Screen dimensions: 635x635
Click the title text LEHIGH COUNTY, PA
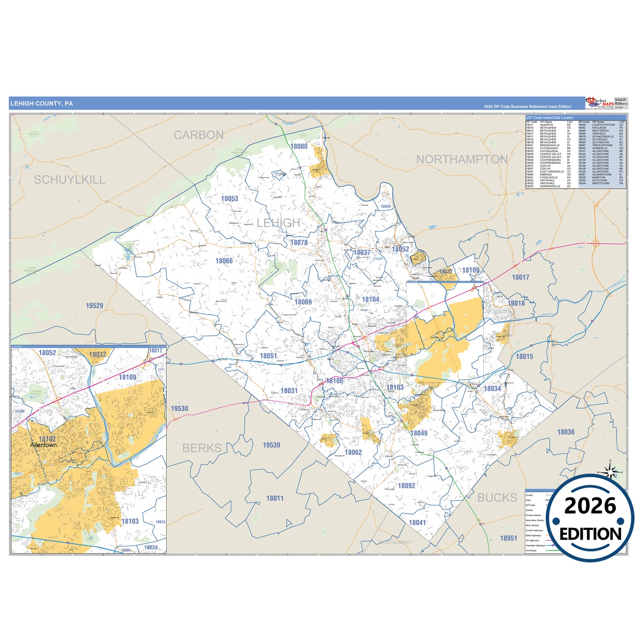(x=42, y=104)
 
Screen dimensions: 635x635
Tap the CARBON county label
(x=199, y=135)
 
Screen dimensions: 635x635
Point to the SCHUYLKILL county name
(x=69, y=180)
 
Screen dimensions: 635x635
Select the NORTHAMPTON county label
(x=462, y=160)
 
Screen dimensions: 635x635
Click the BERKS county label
(x=202, y=448)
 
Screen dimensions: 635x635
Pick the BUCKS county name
(x=497, y=497)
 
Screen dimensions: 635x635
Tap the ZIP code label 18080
(x=299, y=146)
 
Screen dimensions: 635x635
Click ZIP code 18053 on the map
(x=229, y=199)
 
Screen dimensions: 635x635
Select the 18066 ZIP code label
(x=224, y=261)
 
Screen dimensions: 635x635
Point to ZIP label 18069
(x=303, y=302)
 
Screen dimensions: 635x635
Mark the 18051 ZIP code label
(x=269, y=356)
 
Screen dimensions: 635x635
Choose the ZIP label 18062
(x=353, y=452)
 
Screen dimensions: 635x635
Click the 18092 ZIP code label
(x=406, y=486)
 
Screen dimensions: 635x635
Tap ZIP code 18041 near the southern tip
(x=417, y=523)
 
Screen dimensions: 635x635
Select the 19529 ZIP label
(x=94, y=306)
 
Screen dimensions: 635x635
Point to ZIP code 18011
(x=275, y=498)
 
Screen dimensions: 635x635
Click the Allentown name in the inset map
(x=44, y=445)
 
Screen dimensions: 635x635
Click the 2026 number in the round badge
(x=590, y=506)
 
